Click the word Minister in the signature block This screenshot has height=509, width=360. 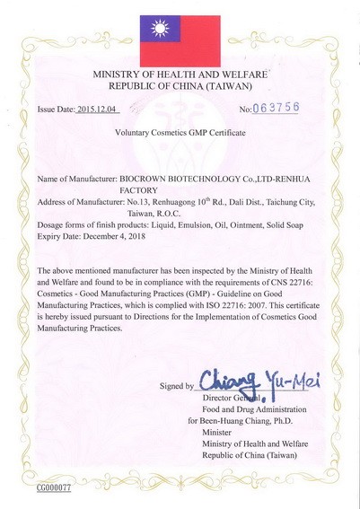(218, 431)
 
